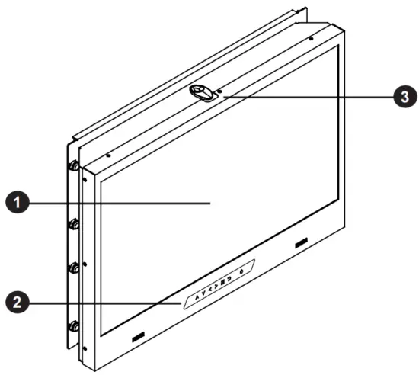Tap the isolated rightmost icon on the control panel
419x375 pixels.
click(x=242, y=271)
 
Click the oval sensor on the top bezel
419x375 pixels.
click(x=202, y=92)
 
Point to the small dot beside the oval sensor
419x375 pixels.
click(x=220, y=90)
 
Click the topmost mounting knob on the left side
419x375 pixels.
click(x=75, y=165)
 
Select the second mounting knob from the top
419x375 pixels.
click(x=75, y=224)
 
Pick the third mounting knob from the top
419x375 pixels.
click(x=75, y=268)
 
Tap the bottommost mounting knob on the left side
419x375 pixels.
click(x=75, y=327)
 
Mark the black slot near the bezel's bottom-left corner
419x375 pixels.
click(x=137, y=336)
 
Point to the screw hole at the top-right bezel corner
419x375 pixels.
click(x=312, y=37)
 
